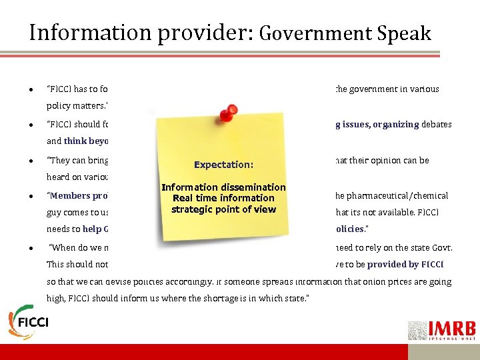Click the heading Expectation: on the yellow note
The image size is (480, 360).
pos(223,164)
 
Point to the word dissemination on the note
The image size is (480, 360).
pos(255,187)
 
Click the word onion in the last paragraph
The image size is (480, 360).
pos(355,281)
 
